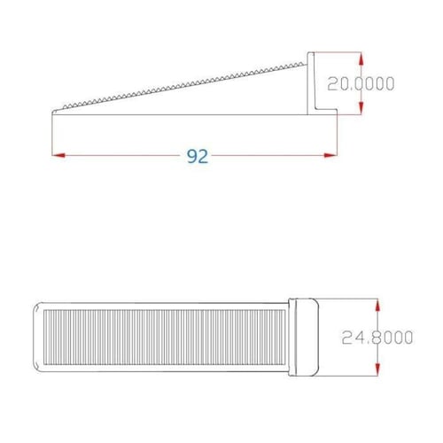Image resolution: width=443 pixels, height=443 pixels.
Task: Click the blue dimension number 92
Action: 197,156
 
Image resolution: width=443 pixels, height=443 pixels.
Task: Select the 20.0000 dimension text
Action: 361,83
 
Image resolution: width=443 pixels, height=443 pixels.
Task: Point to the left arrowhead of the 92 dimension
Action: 57,156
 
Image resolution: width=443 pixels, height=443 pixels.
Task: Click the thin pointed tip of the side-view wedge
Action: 55,112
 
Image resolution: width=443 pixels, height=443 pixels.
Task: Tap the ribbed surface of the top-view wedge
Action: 159,337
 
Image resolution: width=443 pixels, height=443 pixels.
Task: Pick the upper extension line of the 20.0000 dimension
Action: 341,53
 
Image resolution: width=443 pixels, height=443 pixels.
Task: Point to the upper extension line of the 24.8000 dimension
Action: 350,299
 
